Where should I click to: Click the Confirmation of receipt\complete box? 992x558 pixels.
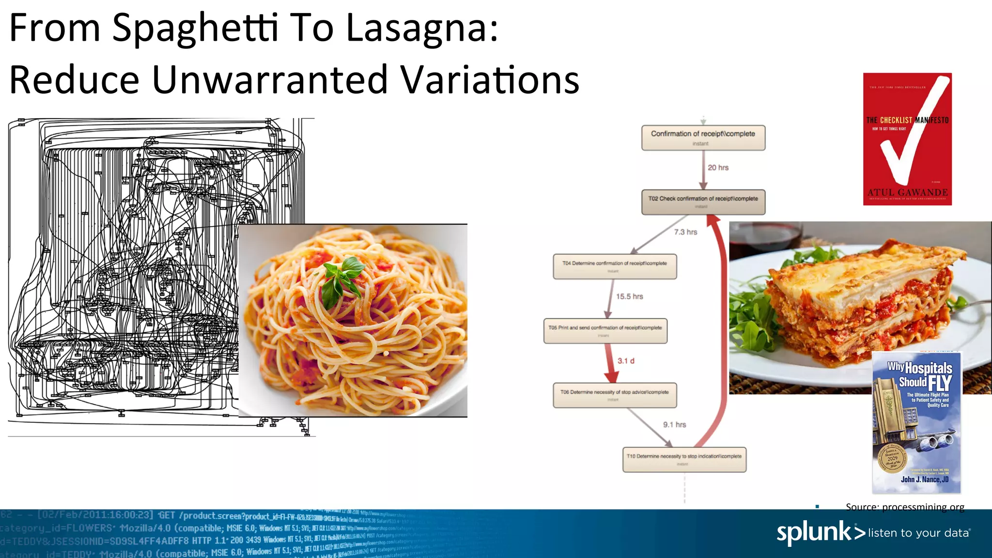point(703,138)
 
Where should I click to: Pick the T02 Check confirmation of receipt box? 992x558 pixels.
point(703,201)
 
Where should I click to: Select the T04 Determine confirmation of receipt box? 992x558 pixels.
point(615,266)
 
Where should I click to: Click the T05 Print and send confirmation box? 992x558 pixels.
point(605,331)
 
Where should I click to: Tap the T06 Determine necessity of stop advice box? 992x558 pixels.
point(615,395)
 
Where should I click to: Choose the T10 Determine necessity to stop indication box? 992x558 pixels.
point(684,459)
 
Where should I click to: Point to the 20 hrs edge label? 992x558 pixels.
point(718,168)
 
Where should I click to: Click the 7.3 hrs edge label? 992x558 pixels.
point(685,232)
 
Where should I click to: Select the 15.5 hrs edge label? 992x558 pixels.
point(629,296)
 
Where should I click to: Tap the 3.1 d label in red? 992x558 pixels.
point(626,361)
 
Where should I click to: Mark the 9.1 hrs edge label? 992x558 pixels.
point(674,425)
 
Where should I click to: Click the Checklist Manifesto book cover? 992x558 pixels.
point(907,139)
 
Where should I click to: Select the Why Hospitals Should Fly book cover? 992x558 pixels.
point(916,422)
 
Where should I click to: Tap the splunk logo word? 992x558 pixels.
point(814,532)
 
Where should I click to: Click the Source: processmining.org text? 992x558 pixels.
point(905,507)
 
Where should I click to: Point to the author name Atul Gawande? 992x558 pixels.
point(907,192)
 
